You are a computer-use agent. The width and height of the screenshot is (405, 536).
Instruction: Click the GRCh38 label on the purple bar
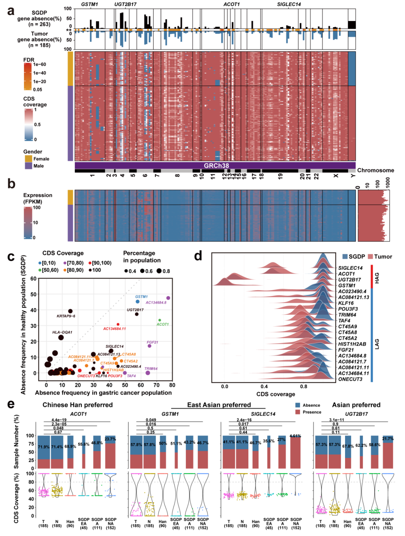pos(216,165)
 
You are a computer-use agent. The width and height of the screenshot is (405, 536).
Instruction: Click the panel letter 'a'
pos(11,11)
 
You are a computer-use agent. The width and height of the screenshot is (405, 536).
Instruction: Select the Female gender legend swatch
pos(28,159)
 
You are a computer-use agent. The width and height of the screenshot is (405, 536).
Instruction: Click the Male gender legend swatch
pos(28,166)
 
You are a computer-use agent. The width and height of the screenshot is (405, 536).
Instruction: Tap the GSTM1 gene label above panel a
pos(89,4)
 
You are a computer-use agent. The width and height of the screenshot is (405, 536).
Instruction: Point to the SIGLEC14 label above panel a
pos(289,4)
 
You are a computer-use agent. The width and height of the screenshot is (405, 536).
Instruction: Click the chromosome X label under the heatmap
pos(335,175)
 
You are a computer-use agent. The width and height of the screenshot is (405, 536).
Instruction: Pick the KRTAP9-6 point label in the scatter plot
pos(66,316)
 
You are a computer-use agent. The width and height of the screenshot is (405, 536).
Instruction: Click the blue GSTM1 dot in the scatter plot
pos(138,302)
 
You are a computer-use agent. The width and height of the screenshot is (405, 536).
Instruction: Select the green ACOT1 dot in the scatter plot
pos(160,320)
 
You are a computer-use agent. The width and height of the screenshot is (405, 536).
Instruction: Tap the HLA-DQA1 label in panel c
pos(62,332)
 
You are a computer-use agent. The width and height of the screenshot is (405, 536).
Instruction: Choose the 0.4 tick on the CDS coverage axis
pos(264,386)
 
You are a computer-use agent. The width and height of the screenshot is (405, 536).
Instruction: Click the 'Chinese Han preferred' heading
pos(77,405)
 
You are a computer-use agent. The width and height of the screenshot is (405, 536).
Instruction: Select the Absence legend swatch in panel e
pos(298,405)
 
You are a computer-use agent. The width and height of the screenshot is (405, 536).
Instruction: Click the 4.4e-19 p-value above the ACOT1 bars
pos(59,420)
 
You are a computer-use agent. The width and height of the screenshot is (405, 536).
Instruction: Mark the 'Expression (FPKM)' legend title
pos(37,198)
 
